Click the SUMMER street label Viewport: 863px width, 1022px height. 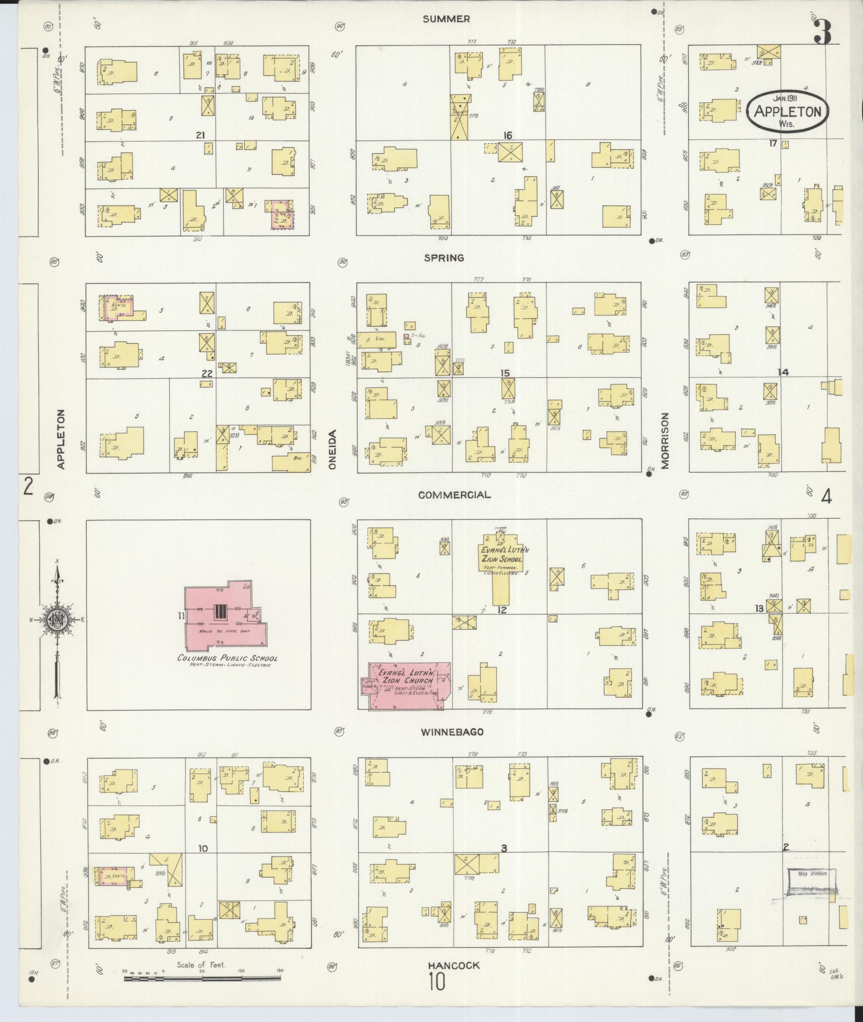(x=446, y=19)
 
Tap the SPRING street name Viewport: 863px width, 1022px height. (x=444, y=258)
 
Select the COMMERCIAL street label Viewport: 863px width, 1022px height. (x=454, y=495)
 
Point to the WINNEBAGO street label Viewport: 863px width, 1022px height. (x=452, y=732)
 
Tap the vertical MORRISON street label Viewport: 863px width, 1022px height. (x=665, y=440)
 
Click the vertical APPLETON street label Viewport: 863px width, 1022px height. (x=60, y=439)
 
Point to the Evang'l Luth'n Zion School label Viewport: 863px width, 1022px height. (x=501, y=555)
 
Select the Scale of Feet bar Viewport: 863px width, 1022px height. (x=204, y=977)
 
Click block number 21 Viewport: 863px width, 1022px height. (x=200, y=135)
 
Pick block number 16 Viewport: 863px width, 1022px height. (x=507, y=136)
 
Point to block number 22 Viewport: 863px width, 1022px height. (x=207, y=373)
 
